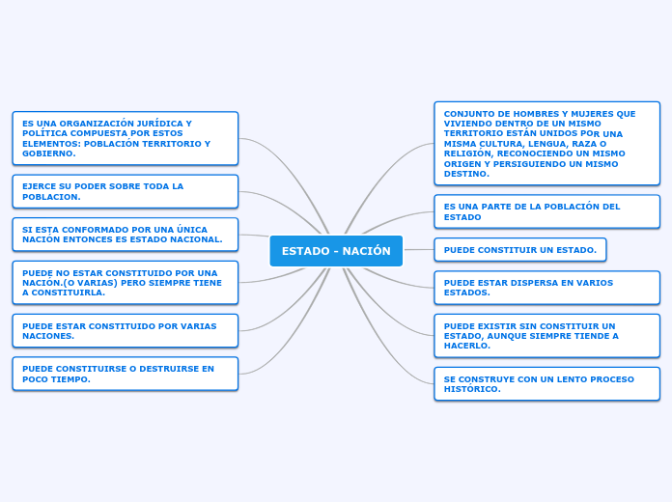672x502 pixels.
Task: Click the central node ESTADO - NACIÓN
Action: (336, 251)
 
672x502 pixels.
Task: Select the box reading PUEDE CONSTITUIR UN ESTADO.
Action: (520, 250)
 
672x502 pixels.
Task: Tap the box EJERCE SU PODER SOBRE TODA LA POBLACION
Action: (126, 191)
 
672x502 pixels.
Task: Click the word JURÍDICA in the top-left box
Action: (160, 124)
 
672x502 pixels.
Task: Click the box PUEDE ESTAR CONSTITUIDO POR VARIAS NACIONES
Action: (126, 331)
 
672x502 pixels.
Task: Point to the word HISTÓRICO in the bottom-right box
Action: (470, 389)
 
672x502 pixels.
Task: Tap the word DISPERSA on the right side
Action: (548, 283)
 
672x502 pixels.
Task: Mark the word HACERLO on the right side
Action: (465, 346)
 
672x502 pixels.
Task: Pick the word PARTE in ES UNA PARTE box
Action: (498, 207)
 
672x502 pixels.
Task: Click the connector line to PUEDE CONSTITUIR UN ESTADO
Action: (419, 249)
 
